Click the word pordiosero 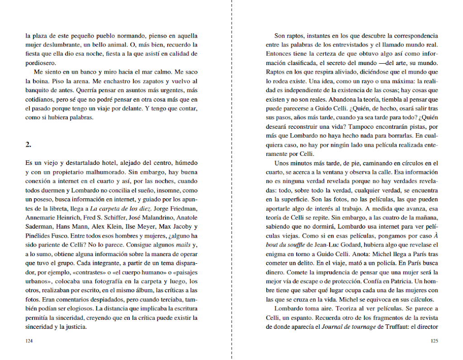pos(40,63)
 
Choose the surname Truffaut pos(394,327)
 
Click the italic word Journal pos(333,327)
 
